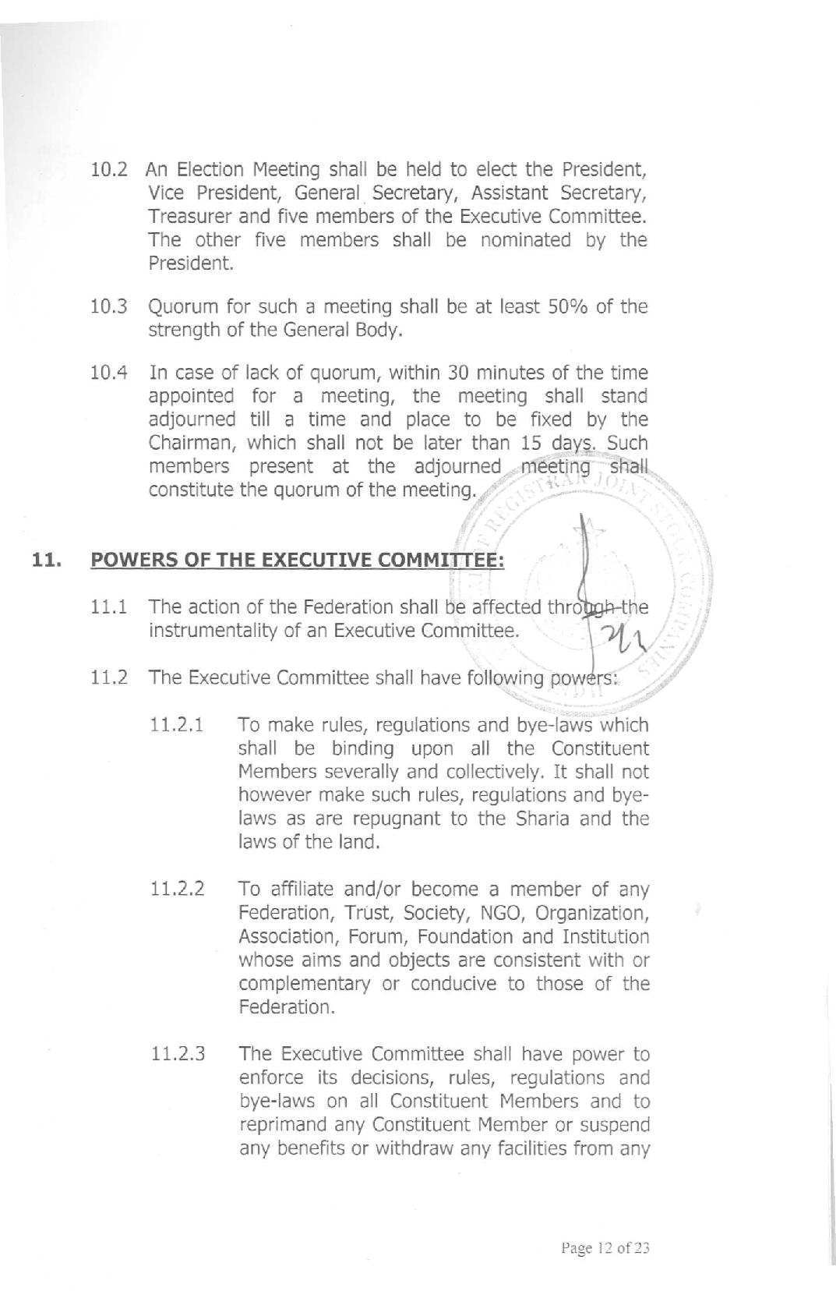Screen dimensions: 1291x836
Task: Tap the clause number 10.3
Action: tap(109, 306)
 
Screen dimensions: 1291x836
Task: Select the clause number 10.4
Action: tap(109, 373)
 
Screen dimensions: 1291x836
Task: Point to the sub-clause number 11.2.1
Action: tap(178, 725)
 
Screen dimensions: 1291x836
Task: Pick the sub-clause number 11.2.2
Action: tap(178, 890)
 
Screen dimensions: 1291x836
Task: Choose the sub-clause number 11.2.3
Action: tap(178, 1054)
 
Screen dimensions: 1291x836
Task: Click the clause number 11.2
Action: tap(109, 677)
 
